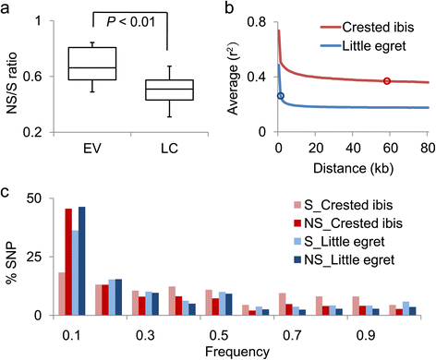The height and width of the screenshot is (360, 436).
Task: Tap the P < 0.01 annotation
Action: pyautogui.click(x=131, y=22)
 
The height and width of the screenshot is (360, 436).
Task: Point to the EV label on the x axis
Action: pyautogui.click(x=92, y=149)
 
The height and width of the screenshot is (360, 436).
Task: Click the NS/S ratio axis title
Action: pyautogui.click(x=12, y=83)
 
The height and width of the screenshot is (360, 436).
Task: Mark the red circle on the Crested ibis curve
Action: pyautogui.click(x=387, y=81)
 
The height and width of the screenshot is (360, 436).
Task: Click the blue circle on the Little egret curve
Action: pyautogui.click(x=280, y=96)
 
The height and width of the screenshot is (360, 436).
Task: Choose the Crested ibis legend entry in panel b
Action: pyautogui.click(x=368, y=28)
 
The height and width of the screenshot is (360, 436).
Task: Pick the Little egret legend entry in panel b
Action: pyautogui.click(x=363, y=46)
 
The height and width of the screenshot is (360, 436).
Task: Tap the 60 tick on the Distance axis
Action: pyautogui.click(x=390, y=149)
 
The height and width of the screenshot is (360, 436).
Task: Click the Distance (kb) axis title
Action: pyautogui.click(x=353, y=168)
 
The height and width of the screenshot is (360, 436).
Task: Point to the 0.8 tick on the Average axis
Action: pyautogui.click(x=257, y=23)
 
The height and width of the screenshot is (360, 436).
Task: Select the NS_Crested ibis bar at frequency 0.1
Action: pyautogui.click(x=68, y=262)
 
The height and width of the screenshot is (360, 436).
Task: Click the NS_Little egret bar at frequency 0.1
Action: pyautogui.click(x=82, y=261)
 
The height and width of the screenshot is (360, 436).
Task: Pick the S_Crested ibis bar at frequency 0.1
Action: pyautogui.click(x=62, y=294)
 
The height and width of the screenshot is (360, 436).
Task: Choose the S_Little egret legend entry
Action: pyautogui.click(x=340, y=242)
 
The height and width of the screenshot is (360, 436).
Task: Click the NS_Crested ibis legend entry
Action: pyautogui.click(x=348, y=223)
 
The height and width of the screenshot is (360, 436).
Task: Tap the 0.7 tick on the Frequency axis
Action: pyautogui.click(x=292, y=335)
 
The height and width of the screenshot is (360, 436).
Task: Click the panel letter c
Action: pyautogui.click(x=5, y=193)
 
